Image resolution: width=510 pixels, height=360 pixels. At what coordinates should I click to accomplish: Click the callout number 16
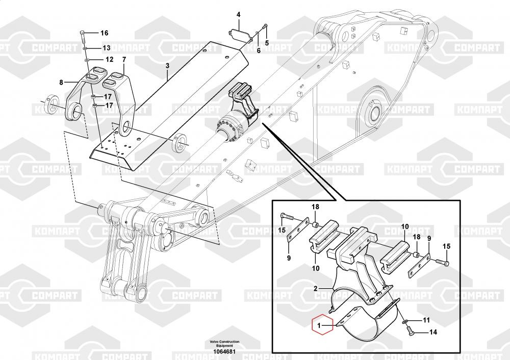[x=104, y=33]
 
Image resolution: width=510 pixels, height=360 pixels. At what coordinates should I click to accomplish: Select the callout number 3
[x=167, y=66]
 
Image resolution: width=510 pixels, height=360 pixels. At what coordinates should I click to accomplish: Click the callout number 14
[x=433, y=332]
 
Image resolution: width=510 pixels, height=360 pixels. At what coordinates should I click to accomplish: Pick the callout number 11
[x=427, y=320]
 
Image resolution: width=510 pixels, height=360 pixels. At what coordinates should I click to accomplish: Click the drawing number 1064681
[x=224, y=351]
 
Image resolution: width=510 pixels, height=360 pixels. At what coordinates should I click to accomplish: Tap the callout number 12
[x=109, y=59]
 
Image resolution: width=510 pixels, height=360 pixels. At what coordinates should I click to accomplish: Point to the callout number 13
[x=106, y=48]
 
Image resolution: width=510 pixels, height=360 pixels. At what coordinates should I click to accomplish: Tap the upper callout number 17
[x=108, y=96]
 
